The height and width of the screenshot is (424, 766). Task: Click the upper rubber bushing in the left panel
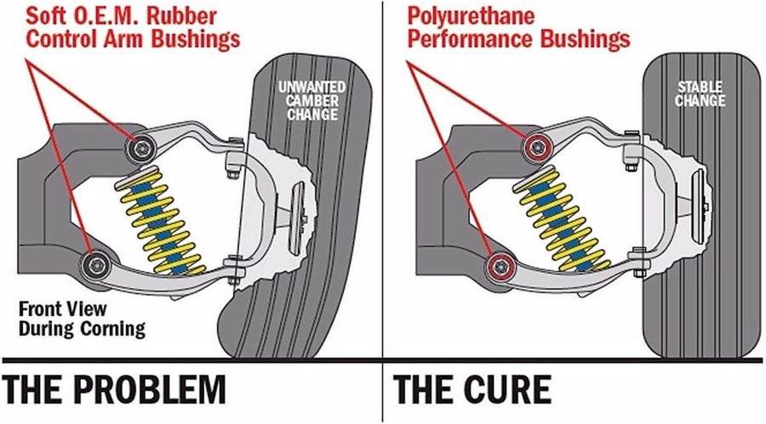click(x=141, y=147)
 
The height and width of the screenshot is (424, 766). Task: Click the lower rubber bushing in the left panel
click(x=95, y=265)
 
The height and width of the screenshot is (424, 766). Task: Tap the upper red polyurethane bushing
click(x=539, y=146)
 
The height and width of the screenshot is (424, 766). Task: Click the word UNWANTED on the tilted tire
click(x=312, y=88)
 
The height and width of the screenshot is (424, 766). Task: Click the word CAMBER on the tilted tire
click(x=312, y=101)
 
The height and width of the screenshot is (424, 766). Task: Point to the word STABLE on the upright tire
click(x=700, y=87)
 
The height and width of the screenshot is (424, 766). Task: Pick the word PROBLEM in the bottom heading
click(x=152, y=389)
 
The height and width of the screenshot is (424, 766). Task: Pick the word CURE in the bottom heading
click(x=507, y=389)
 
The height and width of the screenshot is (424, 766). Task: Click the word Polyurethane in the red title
click(x=471, y=17)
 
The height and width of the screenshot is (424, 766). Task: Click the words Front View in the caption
click(x=62, y=308)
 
